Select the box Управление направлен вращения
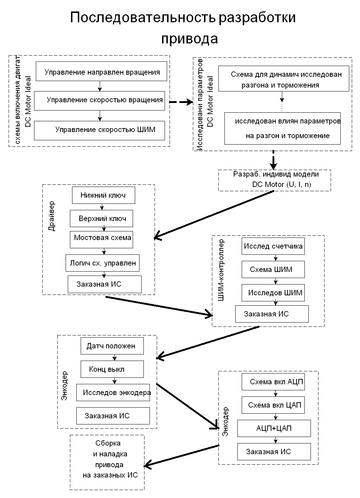coord(101,71)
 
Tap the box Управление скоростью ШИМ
coord(99,131)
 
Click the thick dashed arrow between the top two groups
coord(181,102)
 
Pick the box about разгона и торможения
coord(284,79)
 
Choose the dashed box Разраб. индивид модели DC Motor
coord(274,180)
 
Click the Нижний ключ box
coord(104,195)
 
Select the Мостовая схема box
coord(101,240)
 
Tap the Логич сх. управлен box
coord(103,263)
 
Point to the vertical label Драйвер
coord(52,216)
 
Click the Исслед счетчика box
coord(273,246)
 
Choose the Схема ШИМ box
coord(273,269)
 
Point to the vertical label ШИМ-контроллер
coord(221,270)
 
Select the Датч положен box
coord(112,346)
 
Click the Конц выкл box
coord(112,369)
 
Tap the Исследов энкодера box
coord(113,393)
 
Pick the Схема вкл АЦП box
coord(273,382)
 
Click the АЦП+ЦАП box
coord(274,428)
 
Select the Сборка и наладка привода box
coord(107,462)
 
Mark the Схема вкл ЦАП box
coord(273,405)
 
